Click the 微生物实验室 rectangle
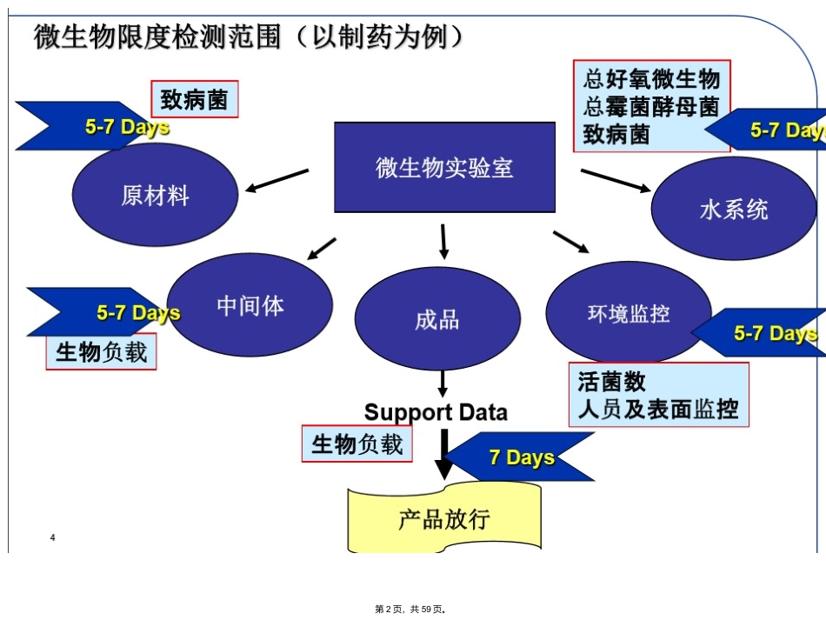coord(444,168)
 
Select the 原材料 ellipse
coord(155,195)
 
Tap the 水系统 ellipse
coord(734,209)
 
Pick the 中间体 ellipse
coord(250,305)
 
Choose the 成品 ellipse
coord(437,319)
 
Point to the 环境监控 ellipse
coord(629,313)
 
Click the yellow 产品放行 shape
coord(444,518)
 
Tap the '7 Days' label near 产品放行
coord(522,457)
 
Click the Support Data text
coord(436,412)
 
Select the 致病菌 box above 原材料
coord(195,99)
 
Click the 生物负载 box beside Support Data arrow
coord(356,444)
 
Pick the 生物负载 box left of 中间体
coord(101,352)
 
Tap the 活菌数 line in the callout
coord(611,382)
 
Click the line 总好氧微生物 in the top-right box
coord(651,79)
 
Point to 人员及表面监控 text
coord(658,410)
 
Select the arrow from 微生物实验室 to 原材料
coord(277,181)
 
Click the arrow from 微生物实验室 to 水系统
coord(616,181)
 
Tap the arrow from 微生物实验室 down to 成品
coord(443,242)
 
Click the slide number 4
coord(53,537)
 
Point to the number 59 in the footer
coord(426,610)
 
